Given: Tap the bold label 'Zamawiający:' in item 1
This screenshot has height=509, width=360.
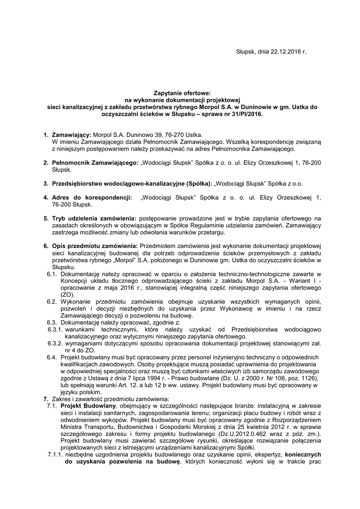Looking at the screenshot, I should (x=71, y=135).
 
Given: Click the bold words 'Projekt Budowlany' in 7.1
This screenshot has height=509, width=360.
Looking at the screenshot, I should (x=89, y=406).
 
